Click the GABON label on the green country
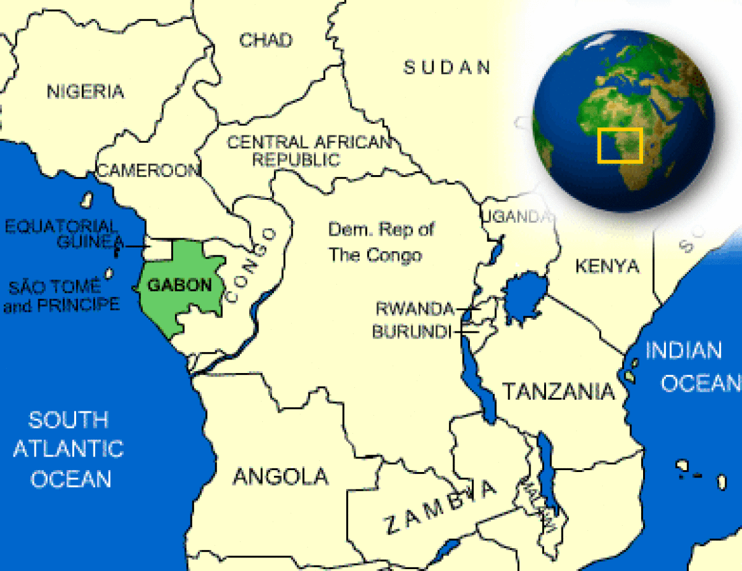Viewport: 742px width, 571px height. [x=179, y=285]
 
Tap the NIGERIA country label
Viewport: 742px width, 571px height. [x=85, y=92]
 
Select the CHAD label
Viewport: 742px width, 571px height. [x=266, y=41]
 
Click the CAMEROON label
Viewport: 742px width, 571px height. [x=148, y=170]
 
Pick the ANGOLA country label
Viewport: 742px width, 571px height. [x=281, y=476]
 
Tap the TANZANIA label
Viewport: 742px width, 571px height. [x=558, y=391]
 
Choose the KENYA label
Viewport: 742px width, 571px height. [x=607, y=266]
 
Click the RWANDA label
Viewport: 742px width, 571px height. [x=415, y=307]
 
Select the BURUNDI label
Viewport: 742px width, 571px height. [x=411, y=332]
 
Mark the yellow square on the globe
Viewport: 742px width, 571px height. [x=620, y=146]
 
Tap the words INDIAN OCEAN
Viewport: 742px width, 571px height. [x=691, y=366]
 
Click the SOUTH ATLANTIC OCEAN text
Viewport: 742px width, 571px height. [x=69, y=449]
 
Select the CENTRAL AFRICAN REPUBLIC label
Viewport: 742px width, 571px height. [x=309, y=150]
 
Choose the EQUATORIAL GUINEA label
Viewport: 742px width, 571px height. [x=63, y=234]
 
